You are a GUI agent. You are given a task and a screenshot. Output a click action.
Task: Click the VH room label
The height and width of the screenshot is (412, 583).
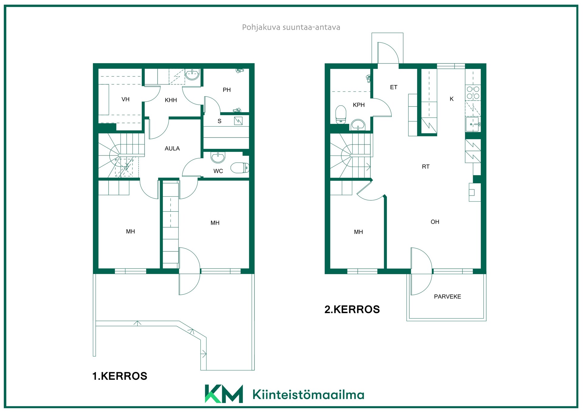click(125, 99)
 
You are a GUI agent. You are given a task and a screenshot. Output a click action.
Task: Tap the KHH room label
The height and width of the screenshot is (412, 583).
click(171, 100)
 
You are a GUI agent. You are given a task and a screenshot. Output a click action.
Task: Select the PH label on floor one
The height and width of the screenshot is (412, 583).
click(227, 90)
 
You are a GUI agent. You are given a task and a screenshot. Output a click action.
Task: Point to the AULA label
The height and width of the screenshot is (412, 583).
click(172, 148)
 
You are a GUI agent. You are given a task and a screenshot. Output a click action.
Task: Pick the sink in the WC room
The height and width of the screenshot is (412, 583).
click(218, 158)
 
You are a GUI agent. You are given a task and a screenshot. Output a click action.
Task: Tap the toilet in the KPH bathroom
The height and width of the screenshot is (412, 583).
click(341, 115)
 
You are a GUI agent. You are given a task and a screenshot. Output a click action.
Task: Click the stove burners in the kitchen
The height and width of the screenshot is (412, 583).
click(473, 93)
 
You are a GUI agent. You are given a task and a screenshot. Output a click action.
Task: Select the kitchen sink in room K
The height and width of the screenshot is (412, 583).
click(473, 124)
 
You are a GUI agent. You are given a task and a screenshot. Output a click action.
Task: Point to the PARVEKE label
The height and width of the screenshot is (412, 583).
click(447, 297)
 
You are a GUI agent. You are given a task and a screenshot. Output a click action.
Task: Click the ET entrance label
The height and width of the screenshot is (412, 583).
click(394, 87)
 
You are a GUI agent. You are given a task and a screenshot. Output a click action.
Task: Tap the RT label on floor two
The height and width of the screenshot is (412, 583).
click(426, 167)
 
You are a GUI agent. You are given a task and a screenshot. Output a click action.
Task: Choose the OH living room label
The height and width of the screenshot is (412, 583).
click(435, 222)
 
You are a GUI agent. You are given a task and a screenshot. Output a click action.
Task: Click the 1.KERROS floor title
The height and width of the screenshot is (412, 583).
click(120, 376)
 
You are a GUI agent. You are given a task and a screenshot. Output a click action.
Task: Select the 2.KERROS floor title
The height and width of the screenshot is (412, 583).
click(352, 309)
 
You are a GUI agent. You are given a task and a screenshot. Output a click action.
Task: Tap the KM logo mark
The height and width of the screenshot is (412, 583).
click(224, 394)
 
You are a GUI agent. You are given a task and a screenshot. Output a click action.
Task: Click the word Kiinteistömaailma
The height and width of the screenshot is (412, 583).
click(308, 394)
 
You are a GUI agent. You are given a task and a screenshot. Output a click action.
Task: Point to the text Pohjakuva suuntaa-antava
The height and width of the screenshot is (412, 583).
click(291, 27)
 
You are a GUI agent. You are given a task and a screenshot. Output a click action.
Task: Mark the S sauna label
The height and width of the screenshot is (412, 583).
click(220, 121)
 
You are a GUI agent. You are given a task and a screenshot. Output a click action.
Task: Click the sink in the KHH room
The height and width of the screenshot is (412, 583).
click(192, 75)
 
